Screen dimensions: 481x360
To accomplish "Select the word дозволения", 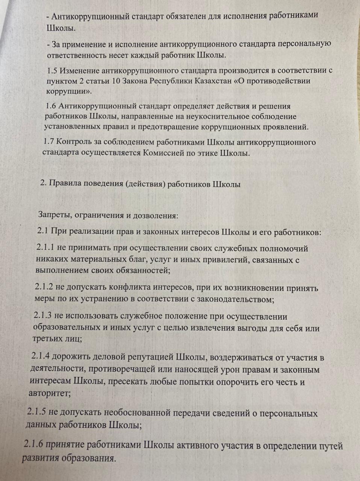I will [156, 216].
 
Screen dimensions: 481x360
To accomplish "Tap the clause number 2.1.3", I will [44, 316].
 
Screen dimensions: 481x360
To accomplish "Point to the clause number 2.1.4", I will [41, 357].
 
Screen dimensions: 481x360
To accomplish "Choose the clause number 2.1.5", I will [36, 412].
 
